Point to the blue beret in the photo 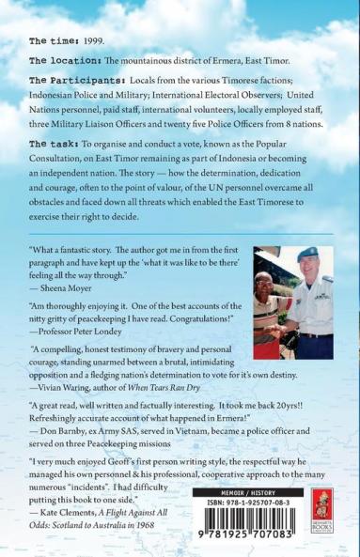[x=306, y=255]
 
